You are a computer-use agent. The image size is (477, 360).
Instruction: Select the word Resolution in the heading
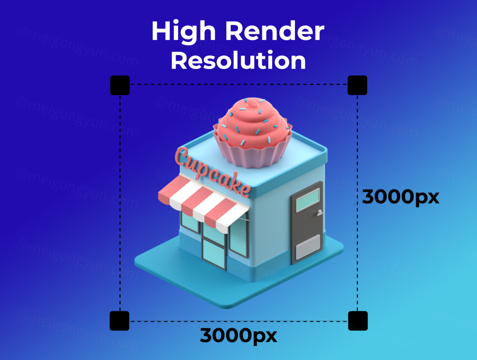click(238, 61)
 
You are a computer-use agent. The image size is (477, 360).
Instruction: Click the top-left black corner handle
click(120, 85)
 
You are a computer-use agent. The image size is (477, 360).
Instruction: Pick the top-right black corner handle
click(357, 85)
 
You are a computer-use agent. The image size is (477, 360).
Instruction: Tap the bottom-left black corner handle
click(120, 321)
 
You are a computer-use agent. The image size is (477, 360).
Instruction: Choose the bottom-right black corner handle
click(358, 321)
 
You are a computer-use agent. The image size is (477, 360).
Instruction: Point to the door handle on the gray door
click(319, 213)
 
